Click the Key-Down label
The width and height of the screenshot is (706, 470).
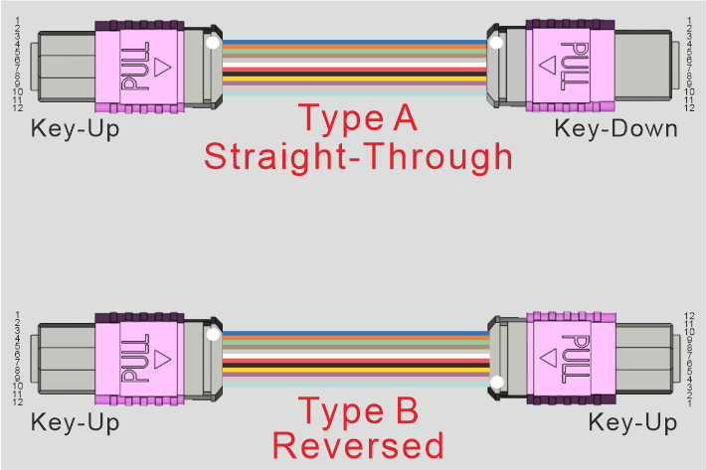(x=616, y=128)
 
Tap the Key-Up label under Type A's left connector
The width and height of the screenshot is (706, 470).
(x=76, y=128)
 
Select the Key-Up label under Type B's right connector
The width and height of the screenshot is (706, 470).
(x=633, y=422)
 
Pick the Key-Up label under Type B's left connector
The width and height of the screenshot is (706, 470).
(x=76, y=422)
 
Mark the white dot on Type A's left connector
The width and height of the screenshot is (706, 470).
(x=212, y=43)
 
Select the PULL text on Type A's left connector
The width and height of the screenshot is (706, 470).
(x=131, y=67)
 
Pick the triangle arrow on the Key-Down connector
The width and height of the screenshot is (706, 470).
(x=546, y=67)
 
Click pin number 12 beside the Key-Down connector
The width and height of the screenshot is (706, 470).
(x=688, y=107)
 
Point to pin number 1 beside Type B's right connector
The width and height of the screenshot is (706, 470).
(x=688, y=402)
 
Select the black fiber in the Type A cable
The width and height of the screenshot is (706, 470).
(x=355, y=76)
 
